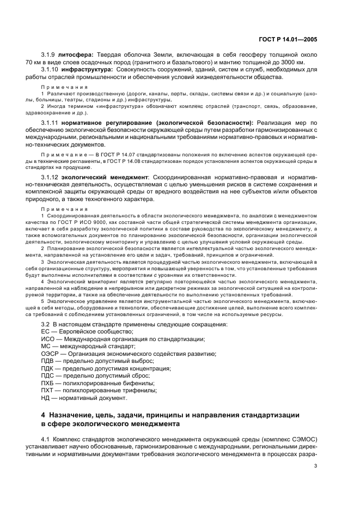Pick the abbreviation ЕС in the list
(x=46, y=332)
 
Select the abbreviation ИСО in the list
(x=48, y=339)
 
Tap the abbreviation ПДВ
(x=48, y=361)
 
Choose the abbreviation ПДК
(x=48, y=368)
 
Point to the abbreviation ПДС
(x=48, y=375)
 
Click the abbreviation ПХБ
(x=48, y=383)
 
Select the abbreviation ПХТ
(x=48, y=390)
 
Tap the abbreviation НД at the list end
(x=46, y=398)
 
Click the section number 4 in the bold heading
(x=44, y=415)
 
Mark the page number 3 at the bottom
(x=315, y=466)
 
